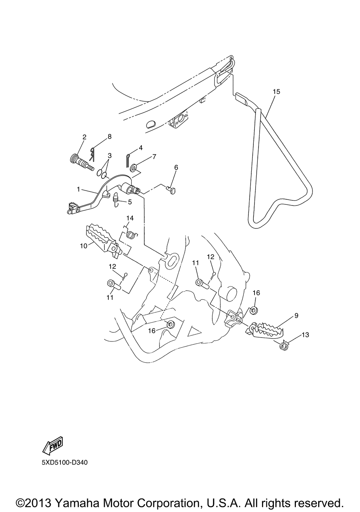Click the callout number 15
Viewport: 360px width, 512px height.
(276, 92)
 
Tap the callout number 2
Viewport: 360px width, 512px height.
(84, 137)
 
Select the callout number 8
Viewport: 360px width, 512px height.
(109, 136)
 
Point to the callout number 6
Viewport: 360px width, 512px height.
(176, 167)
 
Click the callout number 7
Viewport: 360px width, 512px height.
(154, 157)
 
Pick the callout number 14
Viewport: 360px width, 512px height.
(130, 218)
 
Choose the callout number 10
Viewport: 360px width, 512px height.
(84, 246)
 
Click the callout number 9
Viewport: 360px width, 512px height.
(296, 316)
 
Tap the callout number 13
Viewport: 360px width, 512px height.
(305, 335)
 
